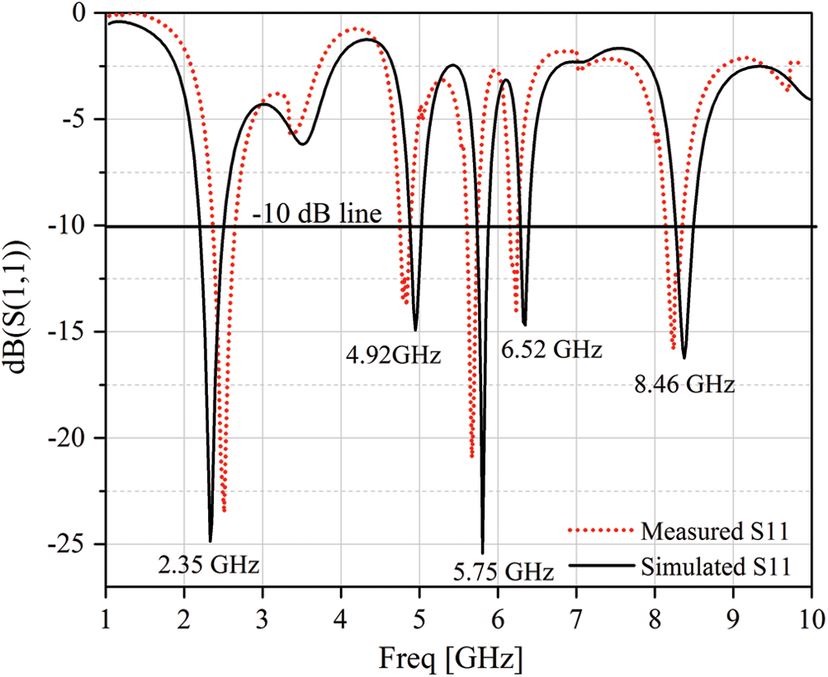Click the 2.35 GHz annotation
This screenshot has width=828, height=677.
click(x=208, y=565)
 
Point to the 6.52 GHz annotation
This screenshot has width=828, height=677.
click(x=551, y=350)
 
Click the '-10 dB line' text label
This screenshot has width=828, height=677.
click(x=317, y=215)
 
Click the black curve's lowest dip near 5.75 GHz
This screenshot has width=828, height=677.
click(x=482, y=552)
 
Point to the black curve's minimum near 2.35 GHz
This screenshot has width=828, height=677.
click(x=211, y=541)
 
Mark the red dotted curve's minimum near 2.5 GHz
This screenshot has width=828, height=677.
click(x=225, y=511)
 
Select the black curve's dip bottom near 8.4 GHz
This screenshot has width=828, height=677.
click(x=684, y=358)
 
